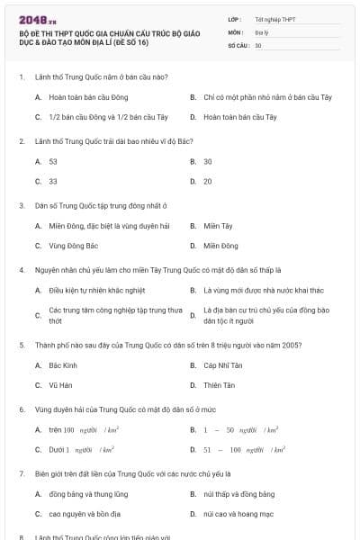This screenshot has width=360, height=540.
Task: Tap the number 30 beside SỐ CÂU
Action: pyautogui.click(x=258, y=45)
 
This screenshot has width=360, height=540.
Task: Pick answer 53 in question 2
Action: pyautogui.click(x=53, y=161)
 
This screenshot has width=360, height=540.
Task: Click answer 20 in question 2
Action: pyautogui.click(x=208, y=182)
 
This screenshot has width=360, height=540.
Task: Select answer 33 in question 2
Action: pyautogui.click(x=53, y=182)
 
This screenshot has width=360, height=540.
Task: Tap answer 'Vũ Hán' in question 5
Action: pyautogui.click(x=60, y=385)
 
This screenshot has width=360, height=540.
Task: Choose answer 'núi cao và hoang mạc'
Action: pyautogui.click(x=235, y=514)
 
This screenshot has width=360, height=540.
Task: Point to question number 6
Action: pyautogui.click(x=21, y=409)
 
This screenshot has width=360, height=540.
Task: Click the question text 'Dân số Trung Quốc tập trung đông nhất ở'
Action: pyautogui.click(x=101, y=205)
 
